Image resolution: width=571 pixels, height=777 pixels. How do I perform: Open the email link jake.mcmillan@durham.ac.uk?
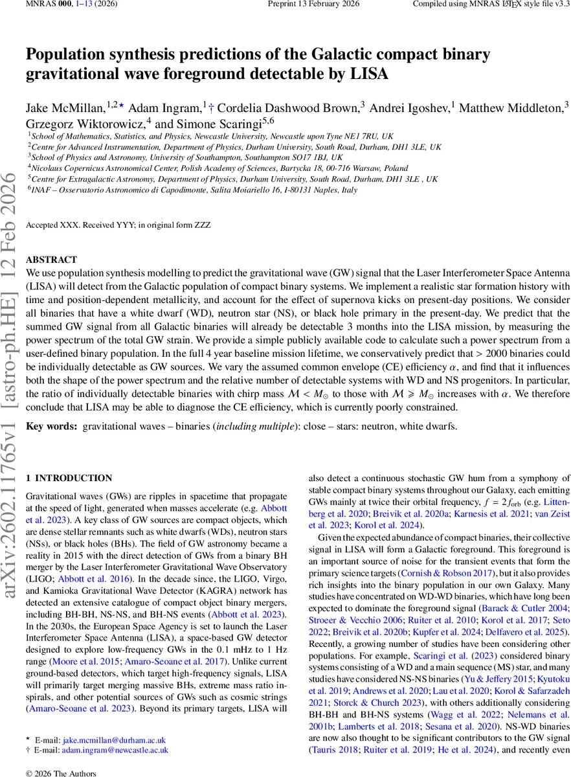coord(114,740)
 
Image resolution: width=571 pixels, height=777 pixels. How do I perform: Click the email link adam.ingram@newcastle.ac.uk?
coord(115,750)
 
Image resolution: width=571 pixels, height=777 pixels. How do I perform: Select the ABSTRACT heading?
coord(51,260)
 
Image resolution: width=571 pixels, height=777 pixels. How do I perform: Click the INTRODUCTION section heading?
coord(73,479)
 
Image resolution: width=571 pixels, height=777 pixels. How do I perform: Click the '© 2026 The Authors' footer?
coord(60,773)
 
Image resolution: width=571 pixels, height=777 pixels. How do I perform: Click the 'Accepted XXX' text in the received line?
coord(47,225)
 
